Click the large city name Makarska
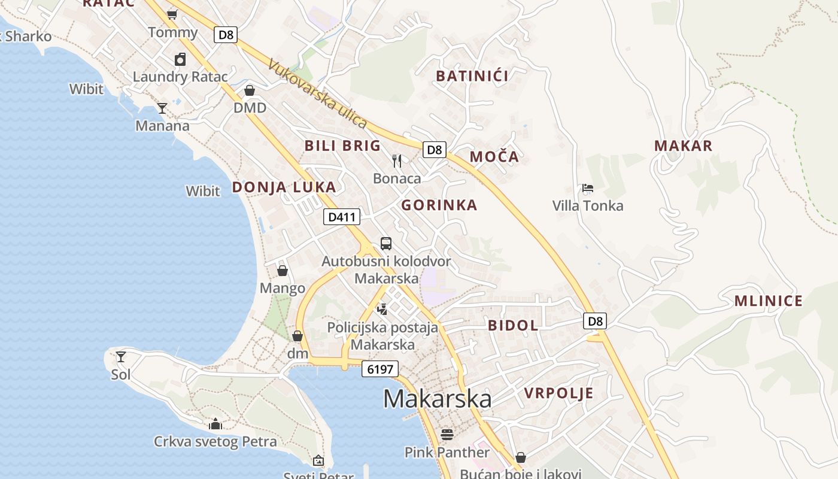[437, 399]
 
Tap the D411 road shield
[342, 217]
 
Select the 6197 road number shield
[380, 369]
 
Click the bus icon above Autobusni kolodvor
[386, 244]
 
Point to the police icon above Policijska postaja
[382, 309]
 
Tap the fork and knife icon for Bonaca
[397, 160]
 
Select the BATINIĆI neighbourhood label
[472, 76]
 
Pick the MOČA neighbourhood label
[494, 157]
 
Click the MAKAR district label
[683, 145]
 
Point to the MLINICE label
[769, 301]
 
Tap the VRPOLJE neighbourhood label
[559, 393]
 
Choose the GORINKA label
[439, 205]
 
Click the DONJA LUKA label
[284, 187]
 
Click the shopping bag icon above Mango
[283, 271]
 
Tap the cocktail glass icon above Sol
[121, 357]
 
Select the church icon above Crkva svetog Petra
[215, 425]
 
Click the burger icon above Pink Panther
[447, 434]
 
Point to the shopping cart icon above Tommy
[172, 14]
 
